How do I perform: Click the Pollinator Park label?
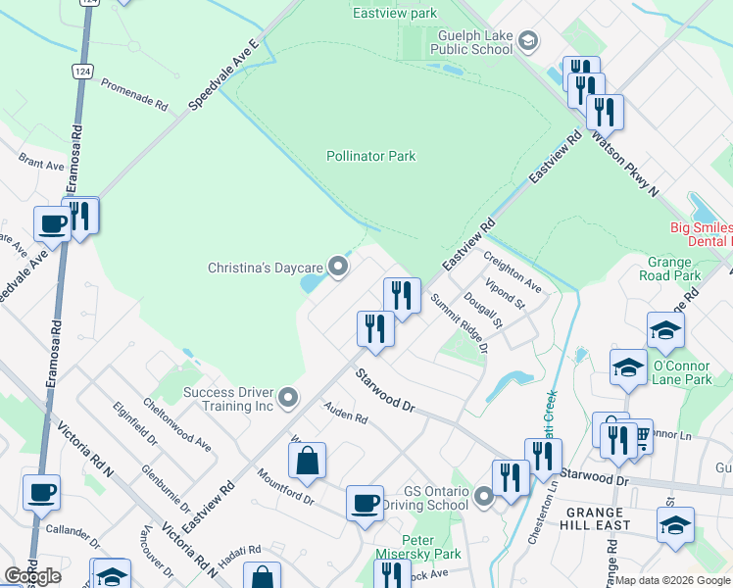370,156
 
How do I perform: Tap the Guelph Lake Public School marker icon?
528,40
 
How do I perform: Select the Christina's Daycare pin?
339,267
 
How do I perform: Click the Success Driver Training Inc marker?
287,398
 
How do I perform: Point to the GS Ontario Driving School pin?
483,498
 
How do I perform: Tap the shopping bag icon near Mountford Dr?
307,462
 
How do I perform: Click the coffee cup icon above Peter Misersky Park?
366,504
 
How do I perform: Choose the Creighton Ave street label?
513,270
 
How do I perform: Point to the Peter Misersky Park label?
431,547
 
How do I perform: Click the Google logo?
32,576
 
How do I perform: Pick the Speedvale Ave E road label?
224,74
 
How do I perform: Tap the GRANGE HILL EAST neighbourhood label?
594,519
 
